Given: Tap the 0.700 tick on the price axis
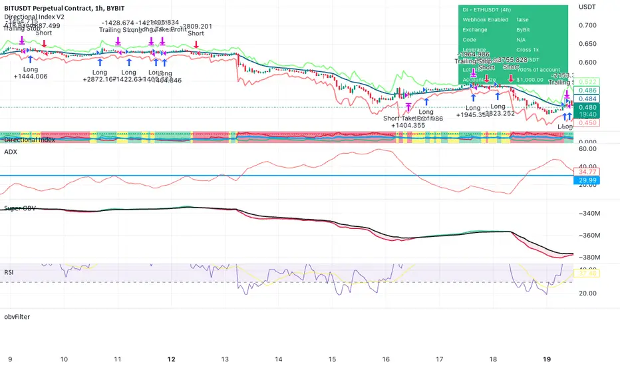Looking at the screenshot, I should click(587, 25).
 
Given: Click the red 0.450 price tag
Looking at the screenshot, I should click(587, 122).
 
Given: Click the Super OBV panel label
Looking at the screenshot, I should click(21, 210).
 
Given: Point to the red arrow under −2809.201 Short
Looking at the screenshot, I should click(196, 44).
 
